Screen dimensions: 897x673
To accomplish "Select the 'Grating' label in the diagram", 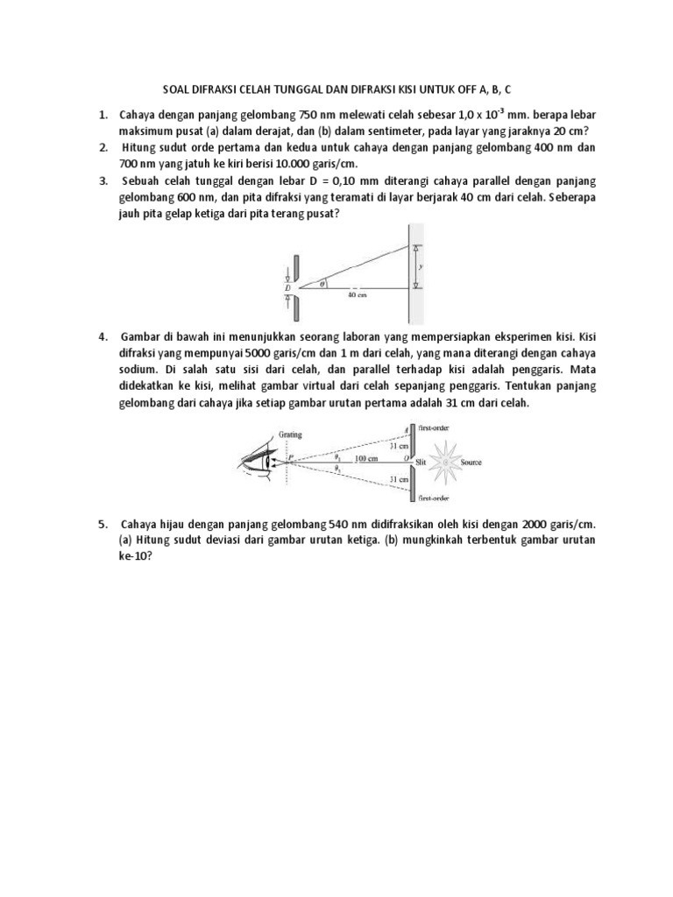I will pyautogui.click(x=290, y=434).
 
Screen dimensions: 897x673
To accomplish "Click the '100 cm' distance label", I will pyautogui.click(x=365, y=458).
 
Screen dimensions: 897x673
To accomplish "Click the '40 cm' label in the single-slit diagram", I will pyautogui.click(x=357, y=295).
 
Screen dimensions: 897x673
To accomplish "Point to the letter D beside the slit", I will pyautogui.click(x=287, y=286).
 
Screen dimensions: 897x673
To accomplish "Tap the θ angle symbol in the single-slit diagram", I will pyautogui.click(x=322, y=282).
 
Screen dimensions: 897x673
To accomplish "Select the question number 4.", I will pyautogui.click(x=103, y=336).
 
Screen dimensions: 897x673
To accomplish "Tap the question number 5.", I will pyautogui.click(x=103, y=524).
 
